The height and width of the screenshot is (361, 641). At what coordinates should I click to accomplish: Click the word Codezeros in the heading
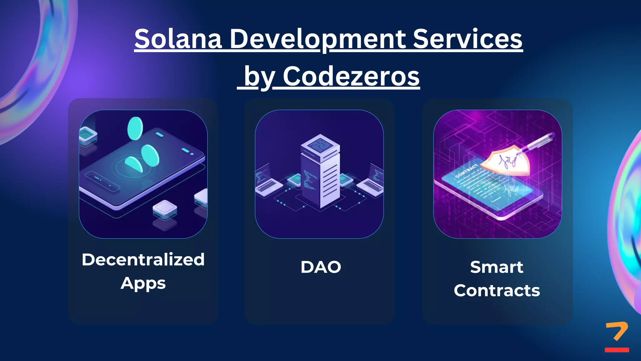(351, 76)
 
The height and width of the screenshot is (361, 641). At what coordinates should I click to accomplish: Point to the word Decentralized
(143, 259)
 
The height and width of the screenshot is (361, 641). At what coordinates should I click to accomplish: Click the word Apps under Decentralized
(143, 283)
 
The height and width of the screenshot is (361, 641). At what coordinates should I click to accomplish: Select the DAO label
(320, 267)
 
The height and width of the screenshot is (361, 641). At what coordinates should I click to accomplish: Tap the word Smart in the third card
(496, 267)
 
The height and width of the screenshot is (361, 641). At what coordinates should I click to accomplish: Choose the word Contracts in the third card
(497, 290)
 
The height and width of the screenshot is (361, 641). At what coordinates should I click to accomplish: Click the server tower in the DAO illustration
(320, 175)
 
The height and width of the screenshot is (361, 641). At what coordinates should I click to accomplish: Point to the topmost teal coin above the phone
(135, 128)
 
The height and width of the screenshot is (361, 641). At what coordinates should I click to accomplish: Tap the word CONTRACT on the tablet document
(466, 171)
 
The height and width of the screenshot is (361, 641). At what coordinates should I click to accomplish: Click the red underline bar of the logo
(617, 350)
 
